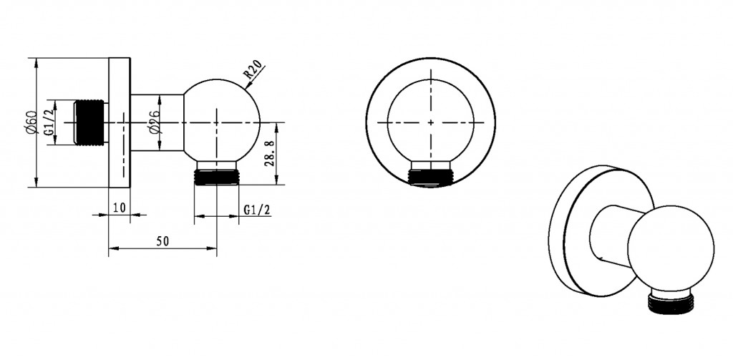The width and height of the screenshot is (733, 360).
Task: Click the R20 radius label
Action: [253, 71]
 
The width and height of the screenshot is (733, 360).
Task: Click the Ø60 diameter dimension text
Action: [31, 123]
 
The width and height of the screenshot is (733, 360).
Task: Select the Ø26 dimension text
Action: [155, 123]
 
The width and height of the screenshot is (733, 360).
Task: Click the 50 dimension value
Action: [162, 241]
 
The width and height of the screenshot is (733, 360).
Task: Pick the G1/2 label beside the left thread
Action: [49, 123]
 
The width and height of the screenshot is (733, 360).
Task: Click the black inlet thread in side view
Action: [89, 122]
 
